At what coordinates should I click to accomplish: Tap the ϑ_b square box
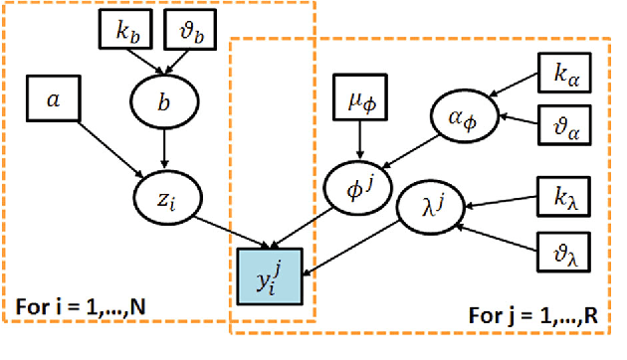click(193, 33)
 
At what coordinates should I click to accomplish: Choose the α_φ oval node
click(462, 116)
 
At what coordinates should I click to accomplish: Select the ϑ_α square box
click(561, 126)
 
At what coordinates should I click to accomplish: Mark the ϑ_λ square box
click(561, 248)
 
